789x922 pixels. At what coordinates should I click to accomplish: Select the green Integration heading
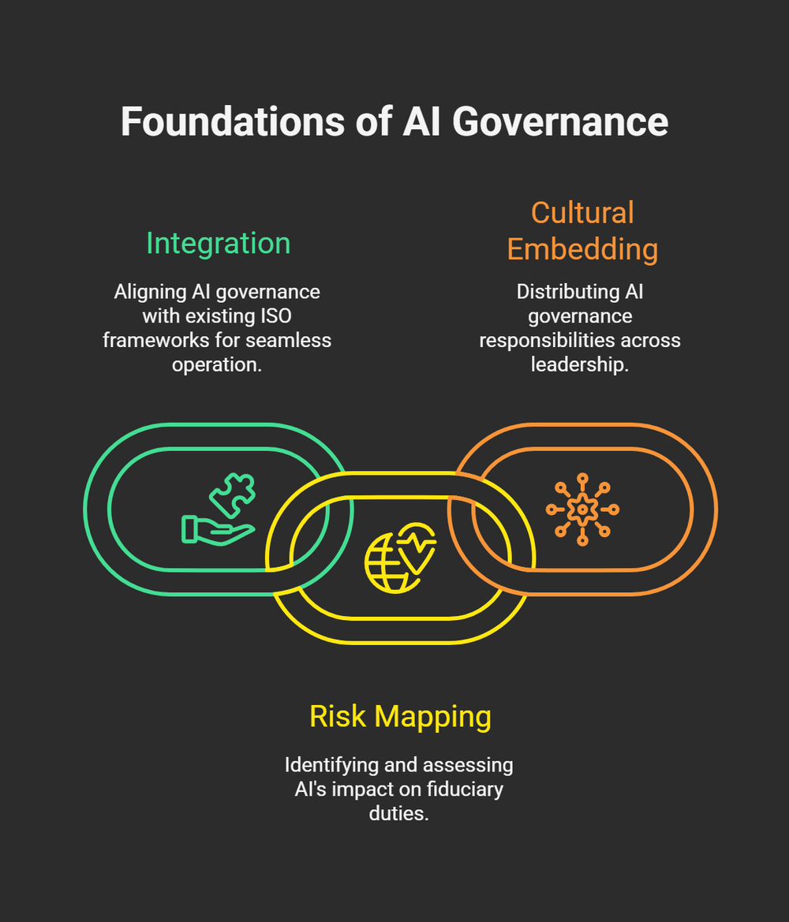coord(218,243)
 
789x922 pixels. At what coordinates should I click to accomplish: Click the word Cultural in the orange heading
coord(582,213)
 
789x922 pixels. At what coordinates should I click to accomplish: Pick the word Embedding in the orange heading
coord(582,249)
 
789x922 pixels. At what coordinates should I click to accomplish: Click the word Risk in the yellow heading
coord(338,716)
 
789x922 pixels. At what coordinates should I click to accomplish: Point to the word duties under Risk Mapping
coord(398,813)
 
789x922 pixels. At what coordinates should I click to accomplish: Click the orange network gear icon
coord(582,510)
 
